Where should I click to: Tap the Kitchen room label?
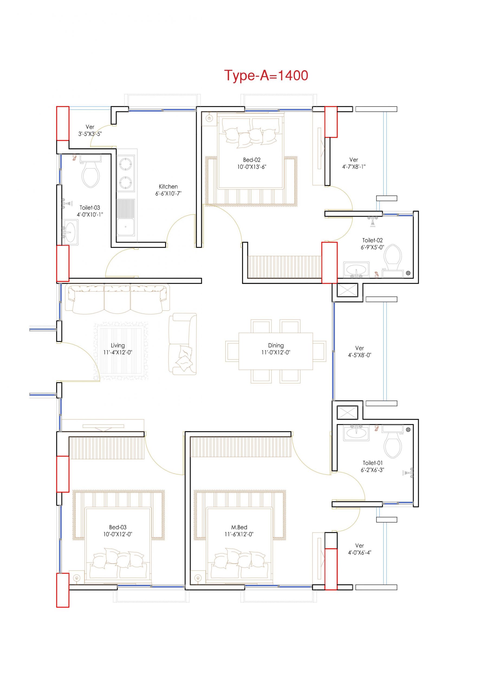pyautogui.click(x=168, y=187)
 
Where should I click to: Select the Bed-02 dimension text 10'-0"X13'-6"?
pyautogui.click(x=252, y=167)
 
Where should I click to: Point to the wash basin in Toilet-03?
pyautogui.click(x=70, y=232)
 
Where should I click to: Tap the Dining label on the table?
pyautogui.click(x=276, y=345)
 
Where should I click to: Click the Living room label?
pyautogui.click(x=118, y=345)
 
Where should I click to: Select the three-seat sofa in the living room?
pyautogui.click(x=117, y=299)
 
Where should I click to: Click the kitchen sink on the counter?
pyautogui.click(x=126, y=217)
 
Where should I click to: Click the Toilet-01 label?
pyautogui.click(x=372, y=463)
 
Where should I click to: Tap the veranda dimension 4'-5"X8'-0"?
pyautogui.click(x=359, y=355)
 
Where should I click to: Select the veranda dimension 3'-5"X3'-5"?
pyautogui.click(x=90, y=134)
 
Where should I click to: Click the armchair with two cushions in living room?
pyautogui.click(x=183, y=344)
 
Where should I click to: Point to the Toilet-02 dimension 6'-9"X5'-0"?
pyautogui.click(x=372, y=247)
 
